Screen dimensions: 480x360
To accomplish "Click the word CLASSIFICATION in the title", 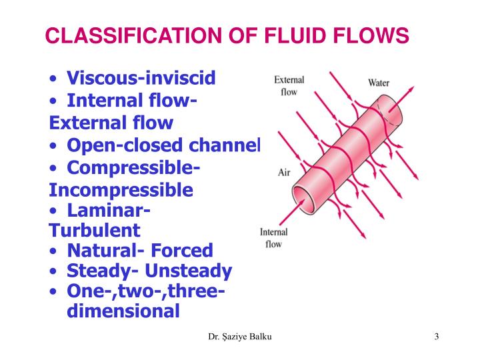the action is point(133,35).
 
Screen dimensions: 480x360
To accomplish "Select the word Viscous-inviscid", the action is point(141,78).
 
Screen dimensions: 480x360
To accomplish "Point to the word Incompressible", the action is point(121,190).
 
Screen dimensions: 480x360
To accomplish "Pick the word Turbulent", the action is point(94,230).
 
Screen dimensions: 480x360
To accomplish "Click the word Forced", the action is point(182,251).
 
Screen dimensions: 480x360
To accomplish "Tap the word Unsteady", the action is point(188,271).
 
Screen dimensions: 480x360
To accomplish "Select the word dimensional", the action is point(123,311).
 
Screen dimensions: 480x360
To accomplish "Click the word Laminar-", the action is point(109,211).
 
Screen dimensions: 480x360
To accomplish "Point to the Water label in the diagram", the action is point(379,83).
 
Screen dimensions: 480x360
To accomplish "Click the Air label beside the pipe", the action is point(284,173).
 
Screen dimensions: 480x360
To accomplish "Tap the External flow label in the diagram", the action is point(289,86).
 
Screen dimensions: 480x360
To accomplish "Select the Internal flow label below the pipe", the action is point(273,238).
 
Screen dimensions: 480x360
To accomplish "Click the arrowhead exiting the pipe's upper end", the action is point(410,89).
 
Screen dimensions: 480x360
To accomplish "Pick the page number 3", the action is point(436,337).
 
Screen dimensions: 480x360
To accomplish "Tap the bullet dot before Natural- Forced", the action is point(53,251).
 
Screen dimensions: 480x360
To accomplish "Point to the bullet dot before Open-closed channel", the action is point(53,145).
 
